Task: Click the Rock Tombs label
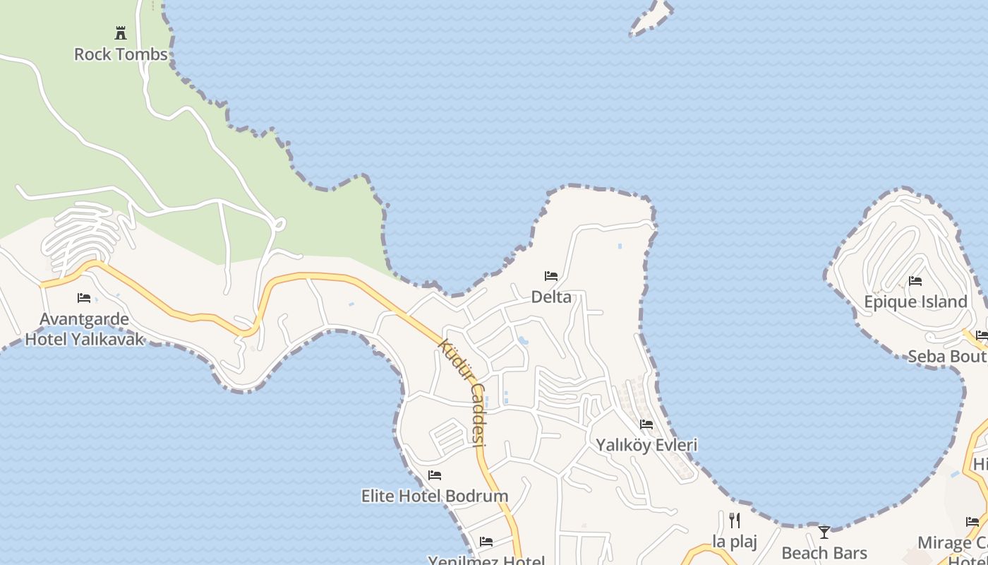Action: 121,54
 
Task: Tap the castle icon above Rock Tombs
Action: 121,32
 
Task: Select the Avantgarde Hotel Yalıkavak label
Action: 85,329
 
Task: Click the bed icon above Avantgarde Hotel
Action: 84,297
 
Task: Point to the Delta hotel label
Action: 551,297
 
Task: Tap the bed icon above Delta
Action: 551,275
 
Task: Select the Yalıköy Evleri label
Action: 646,445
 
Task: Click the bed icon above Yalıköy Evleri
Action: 646,424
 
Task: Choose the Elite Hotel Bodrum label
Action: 435,496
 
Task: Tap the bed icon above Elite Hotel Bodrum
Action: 435,475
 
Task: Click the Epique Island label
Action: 915,302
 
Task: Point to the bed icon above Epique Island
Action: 915,281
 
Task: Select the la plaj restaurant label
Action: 735,542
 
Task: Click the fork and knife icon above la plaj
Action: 735,521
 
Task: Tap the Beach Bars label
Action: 824,553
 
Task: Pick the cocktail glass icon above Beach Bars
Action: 824,532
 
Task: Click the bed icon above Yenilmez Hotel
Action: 486,542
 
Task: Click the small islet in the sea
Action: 651,18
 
